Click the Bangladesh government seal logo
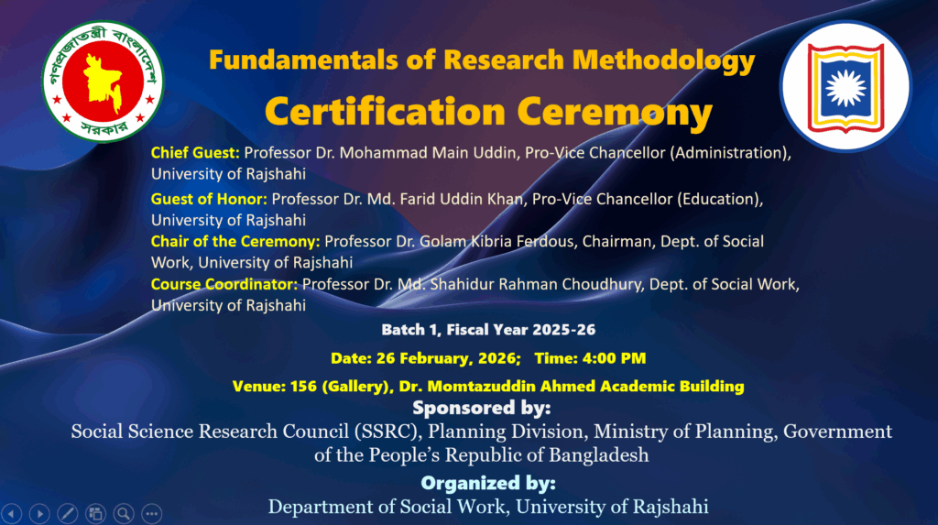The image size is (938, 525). point(103,82)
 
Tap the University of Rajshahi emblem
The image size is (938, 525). point(845,86)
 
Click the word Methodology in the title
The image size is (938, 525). point(663,60)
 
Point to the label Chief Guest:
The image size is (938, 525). point(195,153)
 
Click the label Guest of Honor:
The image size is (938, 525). point(209,199)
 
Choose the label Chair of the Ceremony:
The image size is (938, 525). point(235,241)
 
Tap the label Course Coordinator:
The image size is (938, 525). point(224,284)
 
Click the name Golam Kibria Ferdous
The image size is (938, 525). point(497,241)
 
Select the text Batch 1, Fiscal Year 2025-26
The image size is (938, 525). point(488,330)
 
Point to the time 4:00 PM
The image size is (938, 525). point(614,358)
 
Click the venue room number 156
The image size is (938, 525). point(303,386)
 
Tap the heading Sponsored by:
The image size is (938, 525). point(482,408)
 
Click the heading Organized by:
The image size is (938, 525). point(488,483)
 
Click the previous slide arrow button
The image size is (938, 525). point(11,513)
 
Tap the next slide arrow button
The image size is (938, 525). point(39,513)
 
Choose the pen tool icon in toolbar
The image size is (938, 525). point(68,513)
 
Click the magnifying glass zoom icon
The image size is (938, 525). point(124,513)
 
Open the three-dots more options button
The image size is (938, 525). point(152,513)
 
